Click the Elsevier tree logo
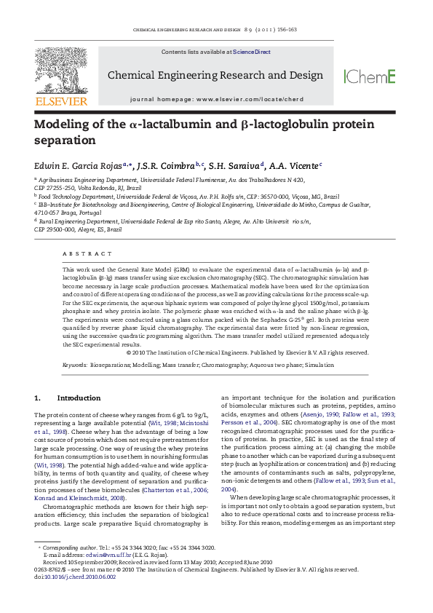coord(60,71)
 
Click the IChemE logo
coord(369,76)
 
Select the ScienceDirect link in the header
coord(252,52)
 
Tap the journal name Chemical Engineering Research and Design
coord(215,76)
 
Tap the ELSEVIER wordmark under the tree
coord(61,101)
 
